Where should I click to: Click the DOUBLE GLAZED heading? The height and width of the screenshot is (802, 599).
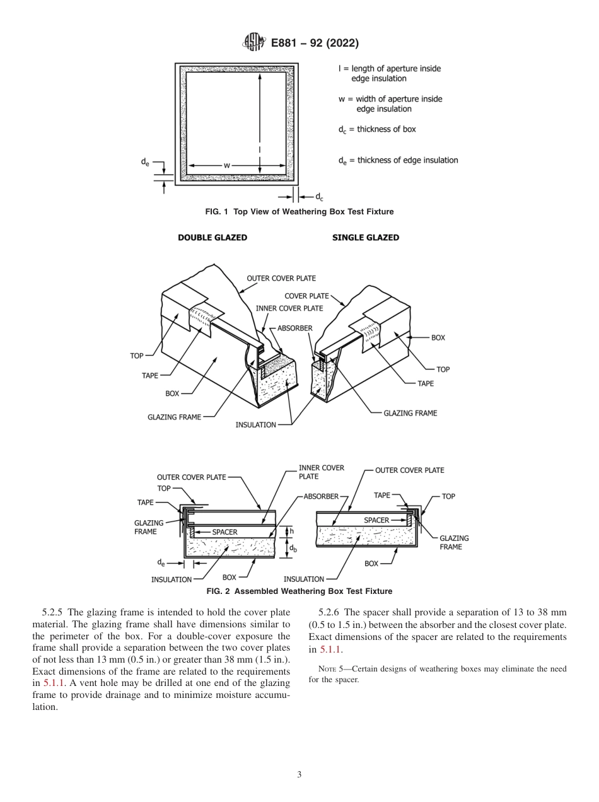[x=212, y=238]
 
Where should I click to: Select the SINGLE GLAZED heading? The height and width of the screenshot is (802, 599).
[x=366, y=238]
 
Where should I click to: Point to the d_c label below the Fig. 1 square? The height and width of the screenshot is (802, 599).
[x=320, y=197]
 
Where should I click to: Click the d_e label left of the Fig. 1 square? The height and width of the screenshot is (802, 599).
[x=145, y=162]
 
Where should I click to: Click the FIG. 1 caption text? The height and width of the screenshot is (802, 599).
[x=299, y=212]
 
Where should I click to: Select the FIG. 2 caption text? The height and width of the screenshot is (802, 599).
[x=299, y=591]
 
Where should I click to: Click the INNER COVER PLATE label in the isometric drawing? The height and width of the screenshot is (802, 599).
[x=289, y=308]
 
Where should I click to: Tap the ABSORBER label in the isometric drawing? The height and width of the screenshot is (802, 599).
[x=294, y=328]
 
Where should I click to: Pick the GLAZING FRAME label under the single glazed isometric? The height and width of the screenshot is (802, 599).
[x=410, y=413]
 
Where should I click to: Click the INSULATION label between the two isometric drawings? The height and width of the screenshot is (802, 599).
[x=255, y=425]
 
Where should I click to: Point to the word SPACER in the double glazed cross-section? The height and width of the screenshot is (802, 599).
[x=224, y=532]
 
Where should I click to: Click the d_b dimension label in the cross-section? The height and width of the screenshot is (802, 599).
[x=293, y=549]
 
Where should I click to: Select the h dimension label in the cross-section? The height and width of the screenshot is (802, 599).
[x=292, y=532]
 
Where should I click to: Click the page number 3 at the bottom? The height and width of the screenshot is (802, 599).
[x=299, y=774]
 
